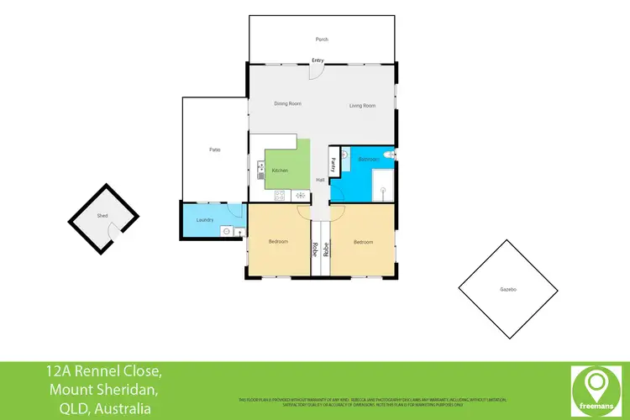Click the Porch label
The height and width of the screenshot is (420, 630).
point(322,39)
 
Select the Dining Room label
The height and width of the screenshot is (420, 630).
point(288,103)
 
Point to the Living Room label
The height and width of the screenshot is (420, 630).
point(362,105)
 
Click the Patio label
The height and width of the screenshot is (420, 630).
point(215,150)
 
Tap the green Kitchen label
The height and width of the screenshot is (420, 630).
point(280,171)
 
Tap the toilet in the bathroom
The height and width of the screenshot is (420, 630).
point(388,156)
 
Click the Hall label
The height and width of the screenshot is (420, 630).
point(320,181)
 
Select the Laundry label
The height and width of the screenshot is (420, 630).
point(205,220)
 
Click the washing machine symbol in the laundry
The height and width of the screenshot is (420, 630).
point(226,231)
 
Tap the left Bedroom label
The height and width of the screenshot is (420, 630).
point(278,242)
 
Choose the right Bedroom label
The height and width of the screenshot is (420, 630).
point(363,242)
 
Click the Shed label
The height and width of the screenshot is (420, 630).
point(102,216)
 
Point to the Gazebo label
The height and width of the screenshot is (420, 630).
point(507,289)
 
